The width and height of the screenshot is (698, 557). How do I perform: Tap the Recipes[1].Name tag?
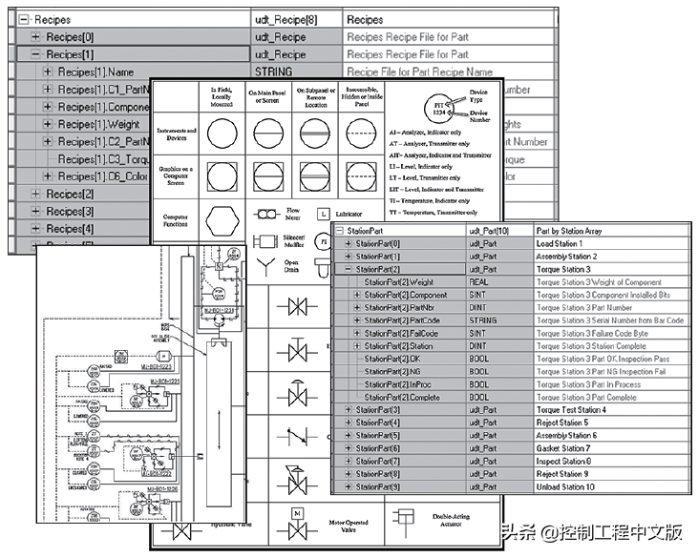(95, 72)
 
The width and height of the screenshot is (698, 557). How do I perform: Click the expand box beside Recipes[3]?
(36, 211)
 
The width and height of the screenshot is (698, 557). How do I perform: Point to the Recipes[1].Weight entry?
(98, 124)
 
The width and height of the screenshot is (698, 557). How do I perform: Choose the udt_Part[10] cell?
(491, 230)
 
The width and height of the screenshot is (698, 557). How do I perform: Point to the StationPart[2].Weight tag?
(398, 282)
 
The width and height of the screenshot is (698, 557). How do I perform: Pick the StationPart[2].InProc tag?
(399, 384)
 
